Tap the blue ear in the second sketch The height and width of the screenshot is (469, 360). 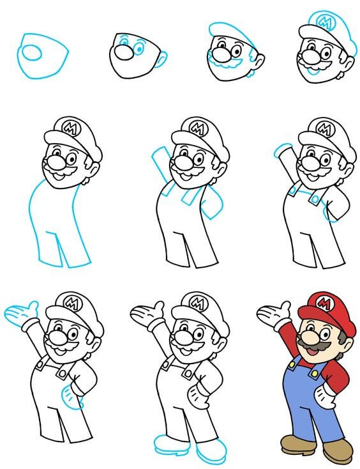pyautogui.click(x=161, y=61)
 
